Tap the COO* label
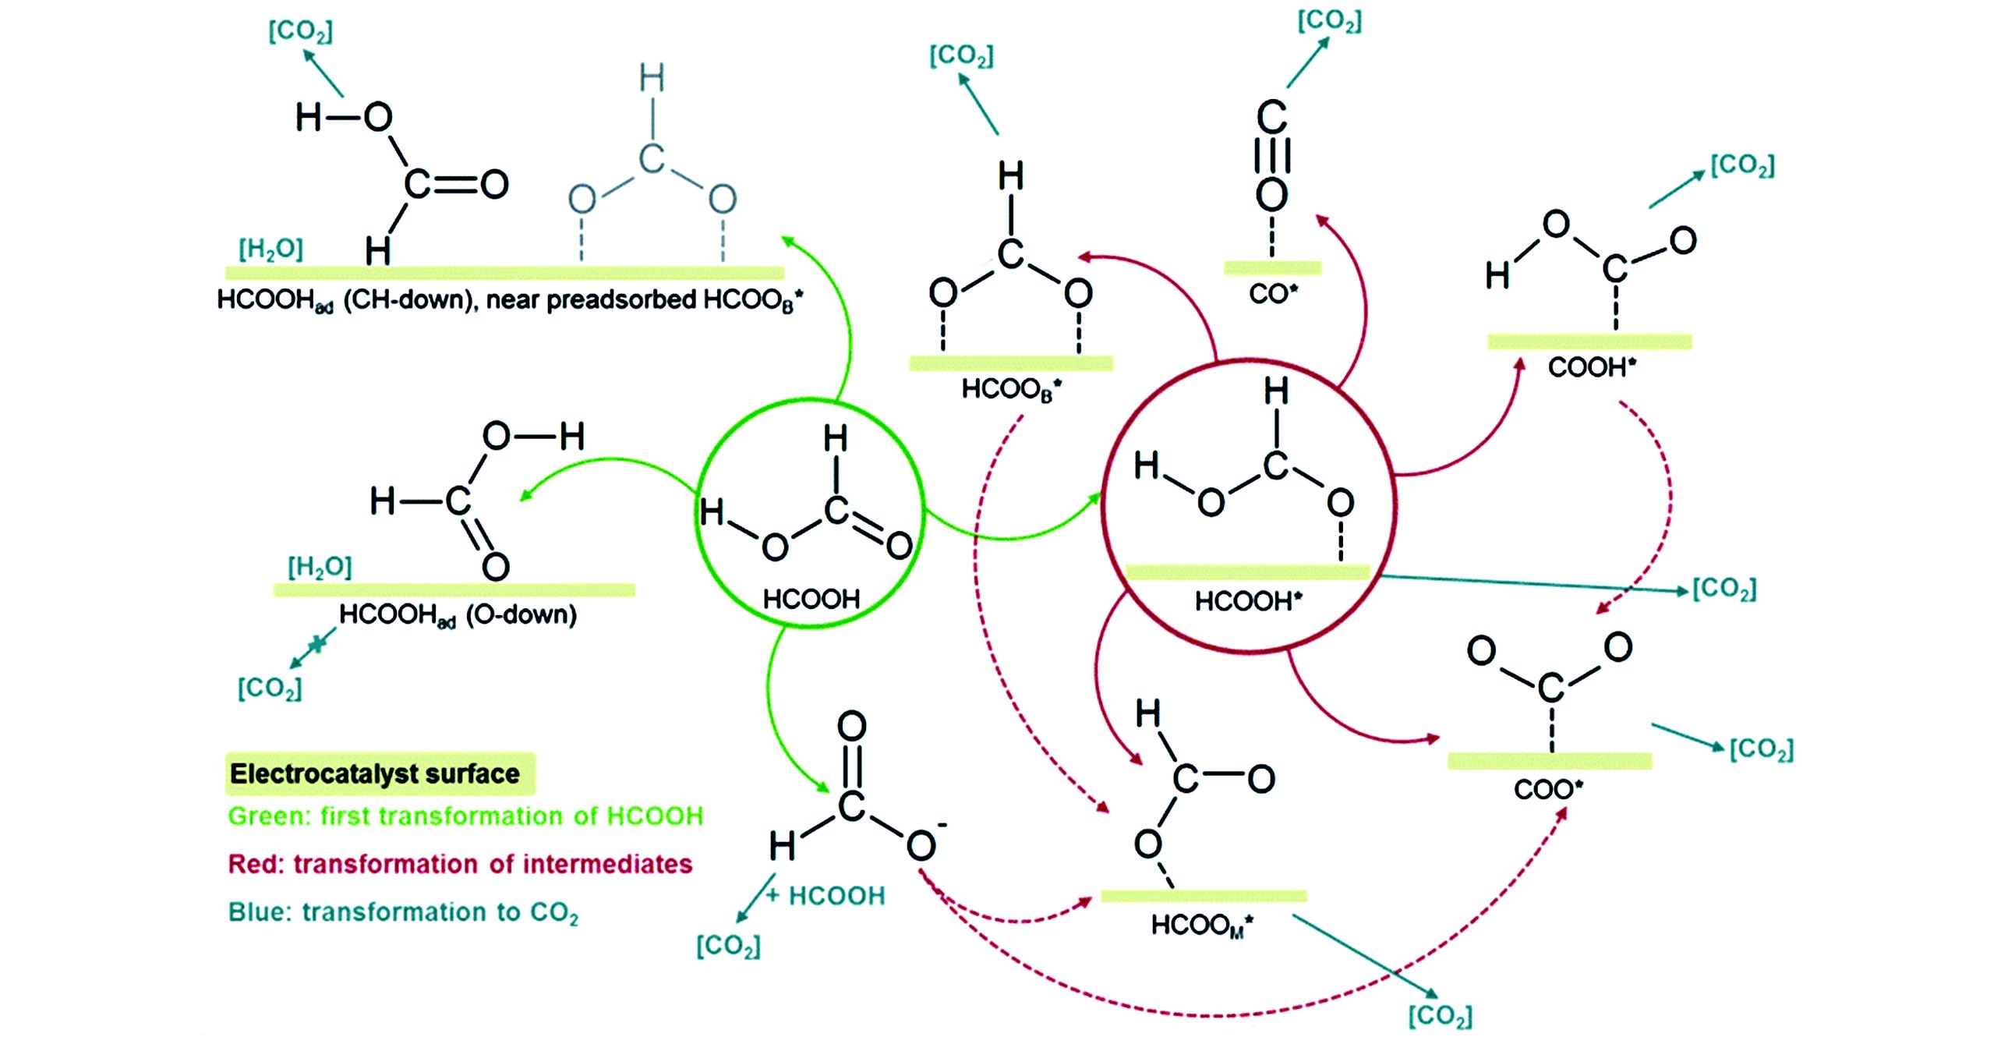pyautogui.click(x=1548, y=789)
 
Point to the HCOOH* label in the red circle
pyautogui.click(x=1248, y=601)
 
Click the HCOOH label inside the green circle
pyautogui.click(x=811, y=599)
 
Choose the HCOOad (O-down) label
pyautogui.click(x=458, y=615)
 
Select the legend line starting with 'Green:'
pyautogui.click(x=465, y=816)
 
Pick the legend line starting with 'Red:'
pyautogui.click(x=460, y=864)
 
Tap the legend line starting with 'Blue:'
pyautogui.click(x=403, y=912)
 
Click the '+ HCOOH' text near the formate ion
pyautogui.click(x=826, y=896)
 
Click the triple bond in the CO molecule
pyautogui.click(x=1271, y=156)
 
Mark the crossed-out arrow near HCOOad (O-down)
pyautogui.click(x=315, y=644)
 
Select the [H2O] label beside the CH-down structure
pyautogui.click(x=270, y=249)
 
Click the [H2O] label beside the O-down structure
pyautogui.click(x=320, y=567)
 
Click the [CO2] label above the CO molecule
pyautogui.click(x=1329, y=22)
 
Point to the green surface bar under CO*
pyautogui.click(x=1272, y=268)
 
